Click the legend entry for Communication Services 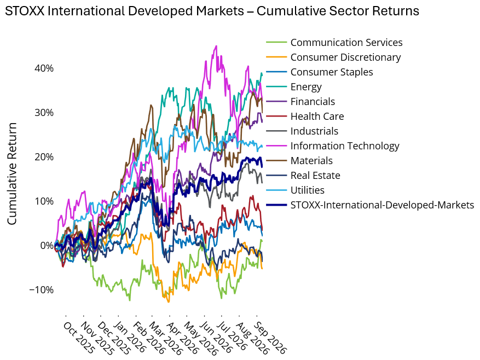(x=346, y=43)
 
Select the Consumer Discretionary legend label (x=345, y=57)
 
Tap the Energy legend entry (x=306, y=87)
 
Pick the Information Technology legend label (x=345, y=146)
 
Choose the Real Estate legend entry (x=315, y=176)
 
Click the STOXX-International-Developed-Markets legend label (x=382, y=205)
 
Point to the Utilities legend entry (x=308, y=190)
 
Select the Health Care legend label (x=317, y=117)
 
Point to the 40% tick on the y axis (x=44, y=68)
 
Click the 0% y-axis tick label (x=47, y=246)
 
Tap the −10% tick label (x=42, y=289)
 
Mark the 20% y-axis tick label (x=44, y=157)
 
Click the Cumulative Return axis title (x=11, y=173)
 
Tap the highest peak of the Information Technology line (x=216, y=46)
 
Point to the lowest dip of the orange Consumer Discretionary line (x=169, y=302)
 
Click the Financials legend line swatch (x=276, y=102)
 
